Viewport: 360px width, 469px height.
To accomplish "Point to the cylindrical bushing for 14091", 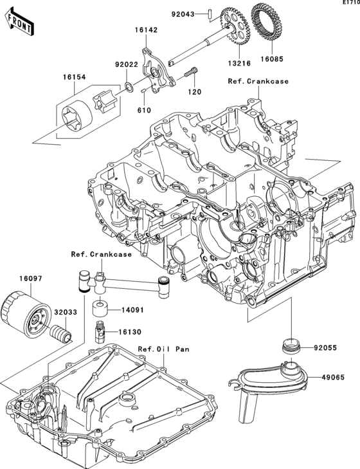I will point(101,307).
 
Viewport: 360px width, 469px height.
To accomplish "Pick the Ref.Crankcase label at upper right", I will point(258,82).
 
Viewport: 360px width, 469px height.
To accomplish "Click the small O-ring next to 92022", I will point(129,87).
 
